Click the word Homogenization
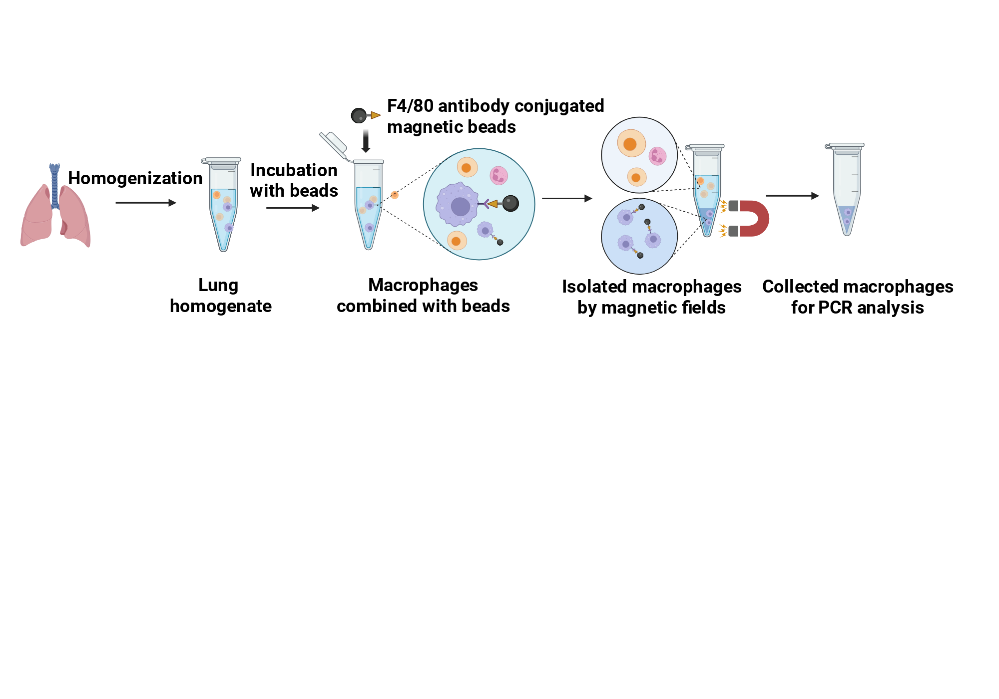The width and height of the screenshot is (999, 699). click(135, 178)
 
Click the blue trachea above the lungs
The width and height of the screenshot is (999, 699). click(54, 185)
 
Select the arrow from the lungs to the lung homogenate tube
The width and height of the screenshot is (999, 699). click(146, 203)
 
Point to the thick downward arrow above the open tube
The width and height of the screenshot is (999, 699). click(366, 141)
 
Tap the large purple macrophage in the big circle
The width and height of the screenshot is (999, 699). click(457, 204)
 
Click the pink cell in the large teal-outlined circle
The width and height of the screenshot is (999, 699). click(499, 175)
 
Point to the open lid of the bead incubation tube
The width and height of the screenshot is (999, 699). click(333, 145)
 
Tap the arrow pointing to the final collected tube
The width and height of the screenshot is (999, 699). click(792, 196)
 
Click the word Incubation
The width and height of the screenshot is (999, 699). click(294, 170)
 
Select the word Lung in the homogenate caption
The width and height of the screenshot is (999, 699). click(218, 286)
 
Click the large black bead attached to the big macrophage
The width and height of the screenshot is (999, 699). click(510, 203)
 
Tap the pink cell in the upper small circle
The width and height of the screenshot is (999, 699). click(657, 156)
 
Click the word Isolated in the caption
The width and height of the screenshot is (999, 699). click(594, 287)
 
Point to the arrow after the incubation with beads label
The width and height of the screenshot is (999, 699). click(293, 208)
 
